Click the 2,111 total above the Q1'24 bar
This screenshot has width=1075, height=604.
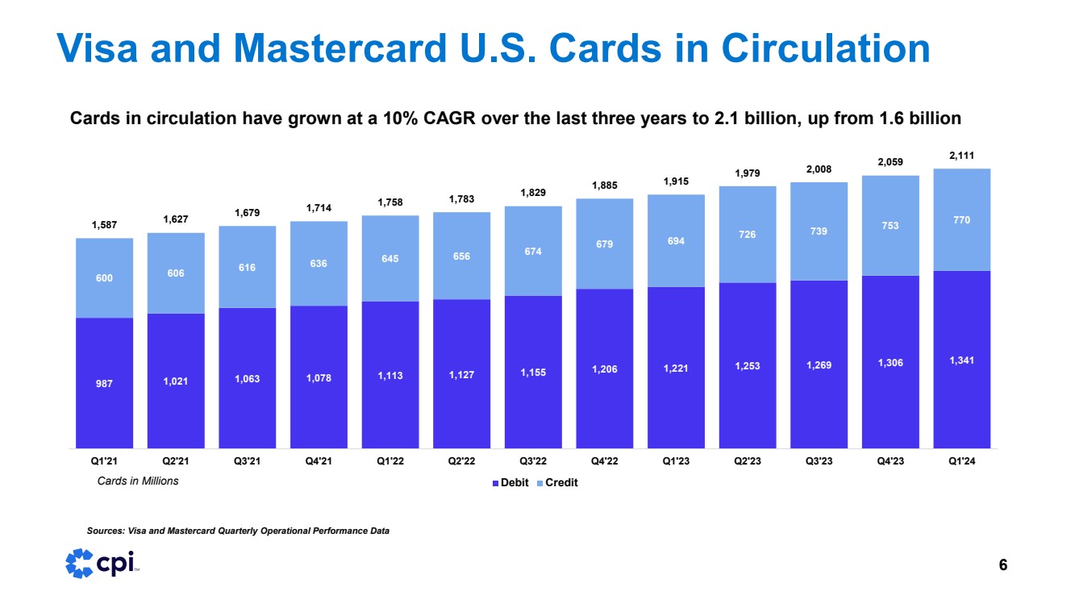(961, 155)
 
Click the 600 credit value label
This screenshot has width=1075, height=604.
(104, 278)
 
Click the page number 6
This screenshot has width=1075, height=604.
(1002, 565)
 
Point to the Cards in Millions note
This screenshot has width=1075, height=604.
(132, 481)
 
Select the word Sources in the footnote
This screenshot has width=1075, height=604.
(105, 531)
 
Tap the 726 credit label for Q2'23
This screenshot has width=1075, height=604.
(747, 235)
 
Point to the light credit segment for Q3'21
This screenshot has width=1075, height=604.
(247, 266)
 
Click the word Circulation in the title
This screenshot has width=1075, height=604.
(825, 48)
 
